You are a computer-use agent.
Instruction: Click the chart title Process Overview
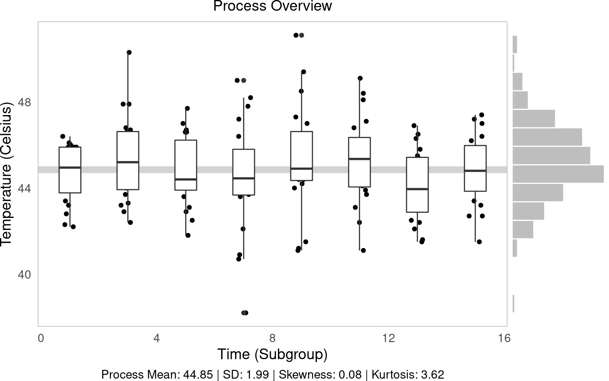[x=272, y=6]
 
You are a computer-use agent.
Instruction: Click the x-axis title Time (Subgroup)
[x=272, y=354]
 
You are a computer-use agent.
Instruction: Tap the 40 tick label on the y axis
[x=24, y=275]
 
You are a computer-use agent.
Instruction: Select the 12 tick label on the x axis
[x=389, y=338]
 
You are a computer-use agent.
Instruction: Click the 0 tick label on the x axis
[x=41, y=338]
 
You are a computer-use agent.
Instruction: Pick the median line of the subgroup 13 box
[x=417, y=189]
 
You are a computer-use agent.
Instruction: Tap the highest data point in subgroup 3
[x=129, y=52]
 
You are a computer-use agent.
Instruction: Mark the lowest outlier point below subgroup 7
[x=245, y=313]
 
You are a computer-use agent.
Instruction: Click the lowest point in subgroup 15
[x=479, y=242]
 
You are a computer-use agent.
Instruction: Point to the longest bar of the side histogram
[x=558, y=174]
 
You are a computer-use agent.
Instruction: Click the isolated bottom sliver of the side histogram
[x=513, y=304]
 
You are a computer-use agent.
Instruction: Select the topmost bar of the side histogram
[x=515, y=44]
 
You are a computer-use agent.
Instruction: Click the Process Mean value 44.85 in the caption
[x=198, y=375]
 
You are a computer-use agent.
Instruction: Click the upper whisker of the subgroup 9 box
[x=301, y=101]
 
